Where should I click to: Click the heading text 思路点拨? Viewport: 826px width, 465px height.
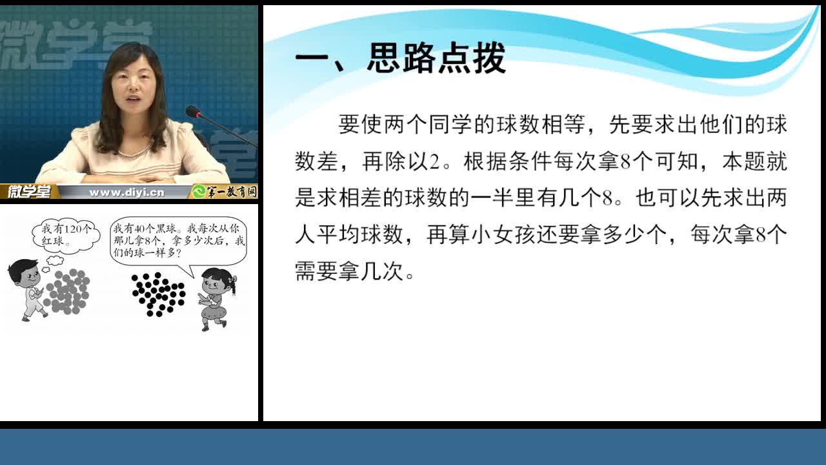pos(436,59)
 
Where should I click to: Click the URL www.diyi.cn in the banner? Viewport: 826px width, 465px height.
pos(126,192)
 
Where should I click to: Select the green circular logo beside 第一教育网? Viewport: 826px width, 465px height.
pos(199,192)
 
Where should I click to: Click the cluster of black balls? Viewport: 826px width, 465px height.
pos(159,294)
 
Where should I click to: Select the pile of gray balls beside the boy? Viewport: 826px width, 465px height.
pos(67,291)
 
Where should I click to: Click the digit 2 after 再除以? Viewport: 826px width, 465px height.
pos(434,162)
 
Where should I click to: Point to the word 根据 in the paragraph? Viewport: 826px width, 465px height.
pos(485,161)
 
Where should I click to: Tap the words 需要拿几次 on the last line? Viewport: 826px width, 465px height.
pos(348,271)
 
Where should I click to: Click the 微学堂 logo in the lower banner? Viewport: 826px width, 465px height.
pos(29,192)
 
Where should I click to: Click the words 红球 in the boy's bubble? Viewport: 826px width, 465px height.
pos(53,242)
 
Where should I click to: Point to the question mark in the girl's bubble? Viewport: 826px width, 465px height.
pos(179,253)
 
